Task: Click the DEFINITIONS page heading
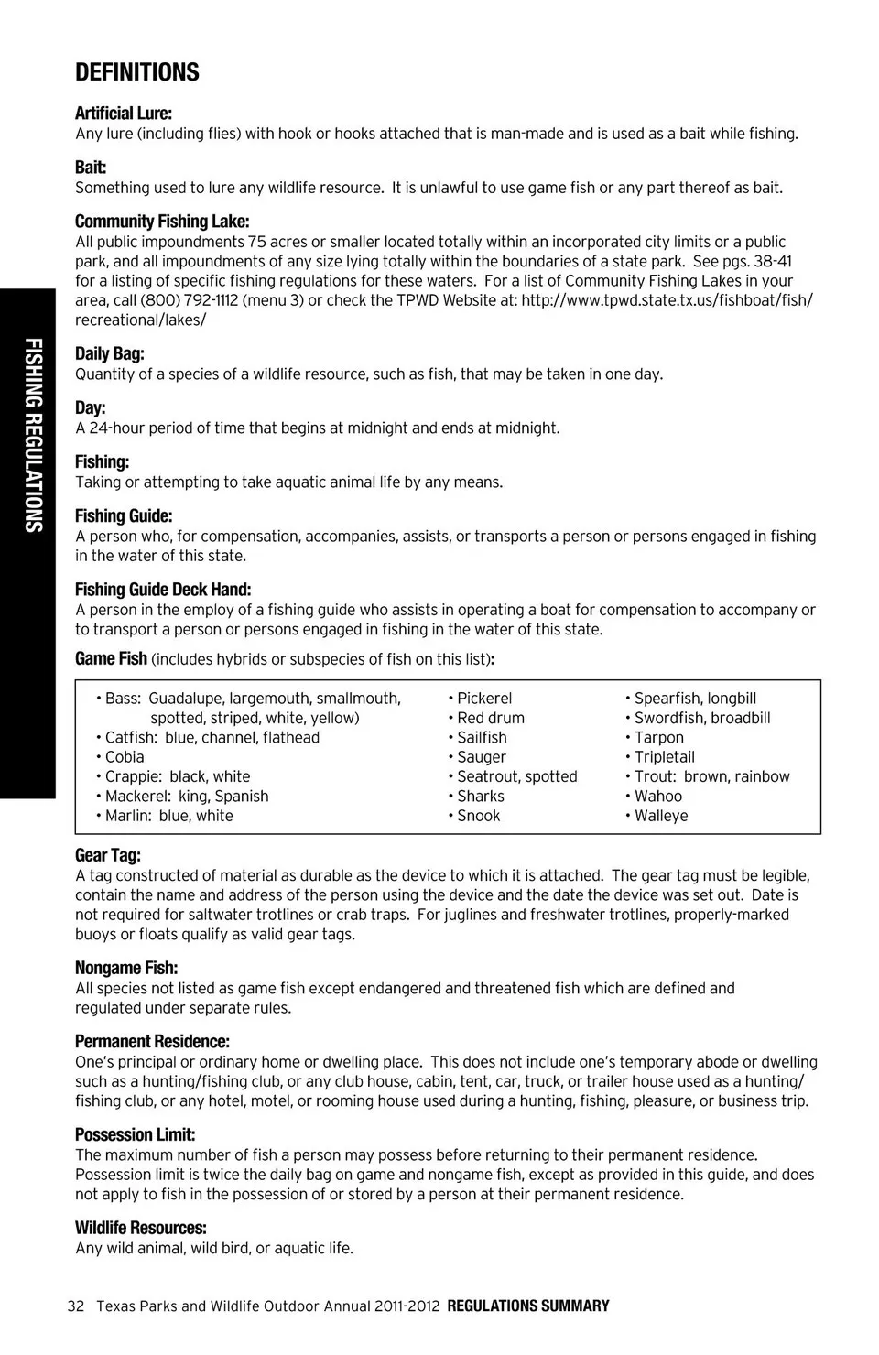[137, 72]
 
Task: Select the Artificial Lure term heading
[124, 114]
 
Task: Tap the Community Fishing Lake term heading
[162, 222]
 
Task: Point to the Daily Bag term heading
[110, 353]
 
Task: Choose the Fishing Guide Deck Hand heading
[163, 590]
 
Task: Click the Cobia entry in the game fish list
[124, 757]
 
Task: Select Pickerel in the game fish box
[484, 699]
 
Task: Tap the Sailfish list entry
[482, 738]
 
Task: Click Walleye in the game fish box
[661, 816]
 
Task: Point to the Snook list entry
[478, 816]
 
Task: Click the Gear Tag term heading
[108, 855]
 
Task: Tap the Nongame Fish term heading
[126, 968]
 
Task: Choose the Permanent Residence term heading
[152, 1041]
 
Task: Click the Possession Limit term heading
[136, 1134]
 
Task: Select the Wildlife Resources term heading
[141, 1228]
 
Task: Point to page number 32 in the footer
[76, 1306]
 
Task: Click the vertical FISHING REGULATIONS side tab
[33, 435]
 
